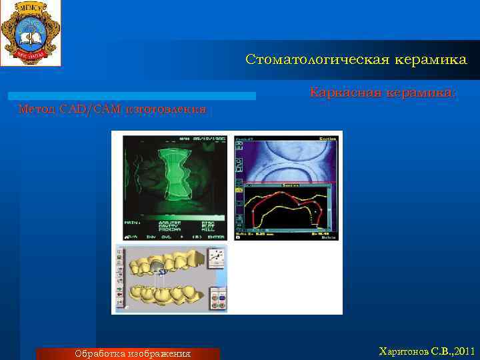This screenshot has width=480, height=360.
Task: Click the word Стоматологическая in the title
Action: click(x=307, y=60)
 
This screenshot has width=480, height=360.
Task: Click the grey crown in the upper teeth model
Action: click(x=157, y=267)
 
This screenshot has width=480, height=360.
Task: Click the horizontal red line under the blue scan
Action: click(x=287, y=183)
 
